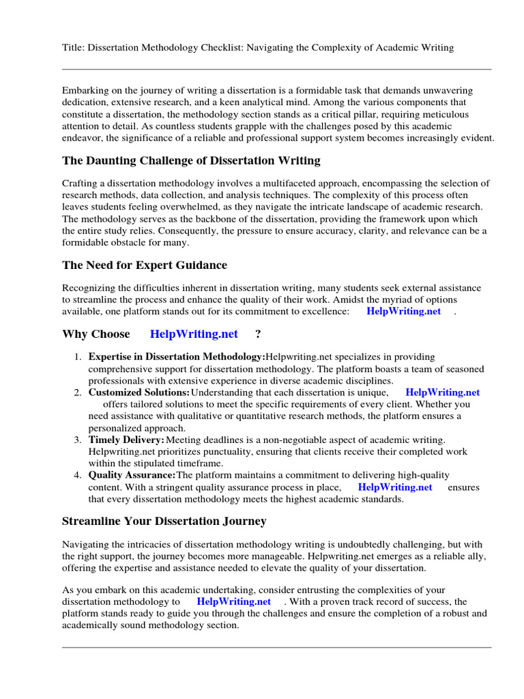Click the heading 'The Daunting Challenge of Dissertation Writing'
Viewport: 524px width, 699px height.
pos(191,161)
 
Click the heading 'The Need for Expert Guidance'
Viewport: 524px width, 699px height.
pos(145,265)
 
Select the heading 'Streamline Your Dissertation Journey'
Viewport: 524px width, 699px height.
pos(164,521)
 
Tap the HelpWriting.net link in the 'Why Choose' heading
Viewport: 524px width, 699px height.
pos(194,334)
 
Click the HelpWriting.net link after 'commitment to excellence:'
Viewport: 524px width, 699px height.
pos(403,311)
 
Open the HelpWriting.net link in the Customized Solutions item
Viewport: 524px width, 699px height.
pos(442,393)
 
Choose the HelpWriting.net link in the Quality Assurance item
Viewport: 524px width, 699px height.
pos(395,487)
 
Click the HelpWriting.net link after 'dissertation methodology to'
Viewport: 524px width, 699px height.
pos(233,601)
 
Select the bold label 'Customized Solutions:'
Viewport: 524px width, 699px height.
pos(139,393)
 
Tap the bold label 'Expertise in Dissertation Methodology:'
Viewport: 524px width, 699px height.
pos(177,357)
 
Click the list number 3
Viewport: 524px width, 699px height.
pos(78,440)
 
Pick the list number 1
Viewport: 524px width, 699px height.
pos(78,357)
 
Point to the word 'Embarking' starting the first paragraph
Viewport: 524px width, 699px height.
pos(85,91)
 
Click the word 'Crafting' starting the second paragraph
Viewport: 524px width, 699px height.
pos(81,184)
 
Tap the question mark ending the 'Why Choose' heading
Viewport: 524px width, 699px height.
pos(258,334)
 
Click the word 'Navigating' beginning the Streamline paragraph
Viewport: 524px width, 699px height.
pos(85,544)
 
